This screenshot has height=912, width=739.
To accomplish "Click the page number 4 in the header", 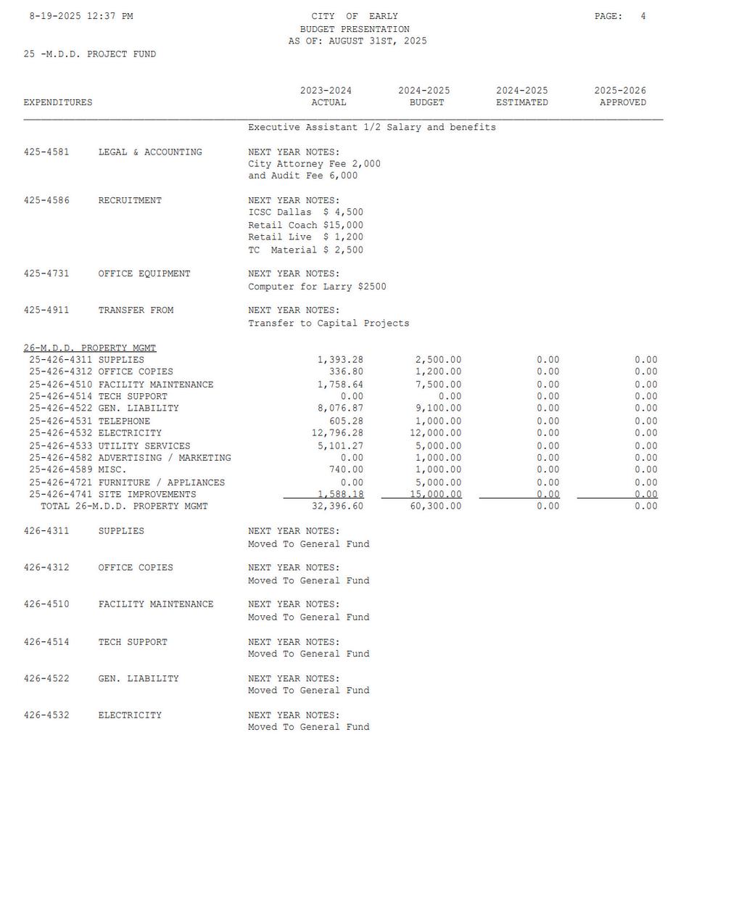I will point(643,16).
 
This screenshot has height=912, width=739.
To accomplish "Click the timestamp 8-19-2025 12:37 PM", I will point(80,16).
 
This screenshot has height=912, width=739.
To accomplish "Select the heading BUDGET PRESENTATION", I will point(355,29).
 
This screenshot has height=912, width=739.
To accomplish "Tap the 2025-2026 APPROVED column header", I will point(620,96).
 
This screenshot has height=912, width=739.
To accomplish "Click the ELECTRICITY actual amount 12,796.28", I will point(337,433).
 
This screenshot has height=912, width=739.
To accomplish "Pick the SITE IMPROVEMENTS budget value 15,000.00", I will point(435,494).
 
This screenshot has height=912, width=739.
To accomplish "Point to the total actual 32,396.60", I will point(337,506).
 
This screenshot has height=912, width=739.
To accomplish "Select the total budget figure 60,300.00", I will point(435,506).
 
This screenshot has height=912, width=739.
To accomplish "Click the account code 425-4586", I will point(46,200).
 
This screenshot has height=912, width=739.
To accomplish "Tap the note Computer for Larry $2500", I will point(317,287).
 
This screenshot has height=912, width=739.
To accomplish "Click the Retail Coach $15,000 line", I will point(305,225).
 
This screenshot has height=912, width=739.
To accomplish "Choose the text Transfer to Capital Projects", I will point(329,323).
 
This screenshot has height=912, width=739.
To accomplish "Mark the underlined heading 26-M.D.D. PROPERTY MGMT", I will point(89,348).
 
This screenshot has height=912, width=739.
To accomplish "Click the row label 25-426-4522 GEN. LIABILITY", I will point(104,408).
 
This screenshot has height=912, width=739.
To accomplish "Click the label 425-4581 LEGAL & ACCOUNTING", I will point(112,152).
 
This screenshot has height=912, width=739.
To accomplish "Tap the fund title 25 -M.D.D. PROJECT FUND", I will point(89,54).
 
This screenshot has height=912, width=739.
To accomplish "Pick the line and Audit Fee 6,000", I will point(302,176).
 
